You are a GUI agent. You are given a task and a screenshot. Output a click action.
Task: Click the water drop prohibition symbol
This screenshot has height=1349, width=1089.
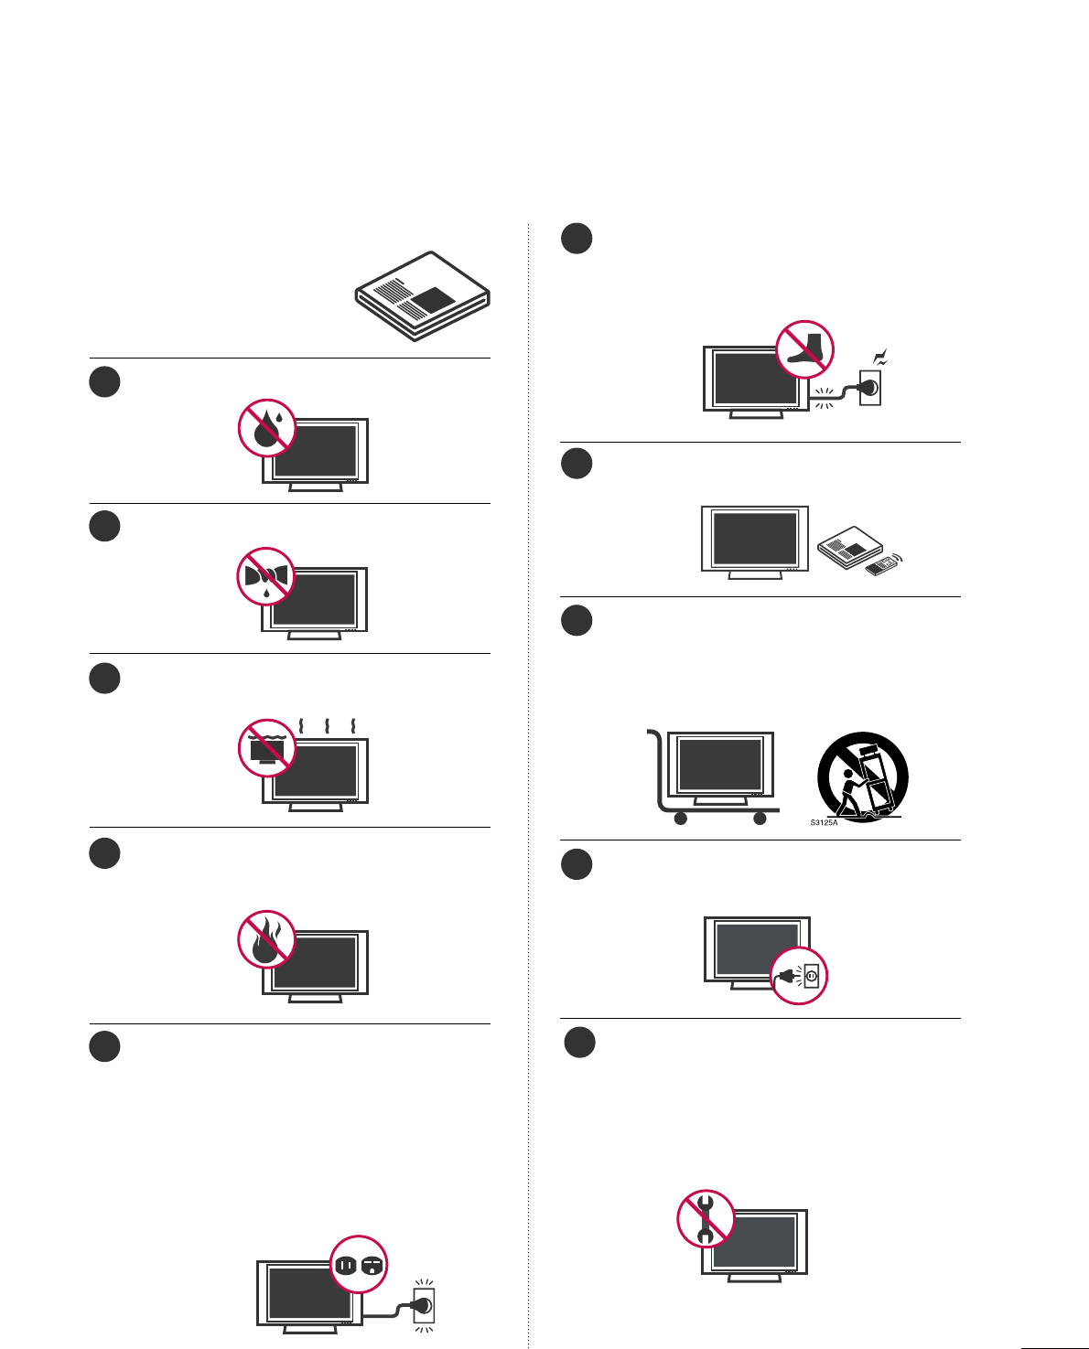[266, 427]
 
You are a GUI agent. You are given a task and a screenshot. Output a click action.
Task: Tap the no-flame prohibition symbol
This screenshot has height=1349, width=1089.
[266, 939]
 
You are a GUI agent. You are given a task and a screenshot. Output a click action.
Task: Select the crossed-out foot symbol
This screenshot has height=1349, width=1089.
[805, 348]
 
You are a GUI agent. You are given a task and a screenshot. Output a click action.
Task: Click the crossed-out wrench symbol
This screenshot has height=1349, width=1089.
[706, 1218]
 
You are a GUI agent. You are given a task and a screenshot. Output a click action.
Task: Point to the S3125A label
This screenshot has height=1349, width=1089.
[824, 823]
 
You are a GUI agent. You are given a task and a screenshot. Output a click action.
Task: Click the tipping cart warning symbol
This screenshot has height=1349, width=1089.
[863, 776]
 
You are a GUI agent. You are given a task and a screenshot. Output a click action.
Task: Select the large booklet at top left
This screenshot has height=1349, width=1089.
[423, 296]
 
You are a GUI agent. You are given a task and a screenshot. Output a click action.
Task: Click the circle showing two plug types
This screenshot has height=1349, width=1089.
[359, 1265]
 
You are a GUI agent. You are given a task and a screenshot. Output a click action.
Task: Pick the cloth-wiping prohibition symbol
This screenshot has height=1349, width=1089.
[266, 576]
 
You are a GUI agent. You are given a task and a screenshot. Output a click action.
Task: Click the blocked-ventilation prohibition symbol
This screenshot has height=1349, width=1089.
[266, 747]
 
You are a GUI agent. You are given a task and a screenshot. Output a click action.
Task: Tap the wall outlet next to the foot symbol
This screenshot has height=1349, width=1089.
[870, 388]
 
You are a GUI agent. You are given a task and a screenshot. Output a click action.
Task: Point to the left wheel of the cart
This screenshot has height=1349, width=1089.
[680, 819]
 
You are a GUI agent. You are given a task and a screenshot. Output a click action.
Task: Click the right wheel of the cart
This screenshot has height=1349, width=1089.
[760, 819]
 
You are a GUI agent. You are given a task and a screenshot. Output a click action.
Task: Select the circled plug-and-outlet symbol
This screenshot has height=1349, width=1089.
[800, 976]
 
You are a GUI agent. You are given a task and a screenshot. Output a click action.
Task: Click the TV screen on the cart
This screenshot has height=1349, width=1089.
[720, 764]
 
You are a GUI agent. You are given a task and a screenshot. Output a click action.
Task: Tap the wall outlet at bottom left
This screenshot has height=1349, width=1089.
[424, 1305]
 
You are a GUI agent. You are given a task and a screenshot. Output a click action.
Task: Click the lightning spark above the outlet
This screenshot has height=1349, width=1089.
[882, 359]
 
